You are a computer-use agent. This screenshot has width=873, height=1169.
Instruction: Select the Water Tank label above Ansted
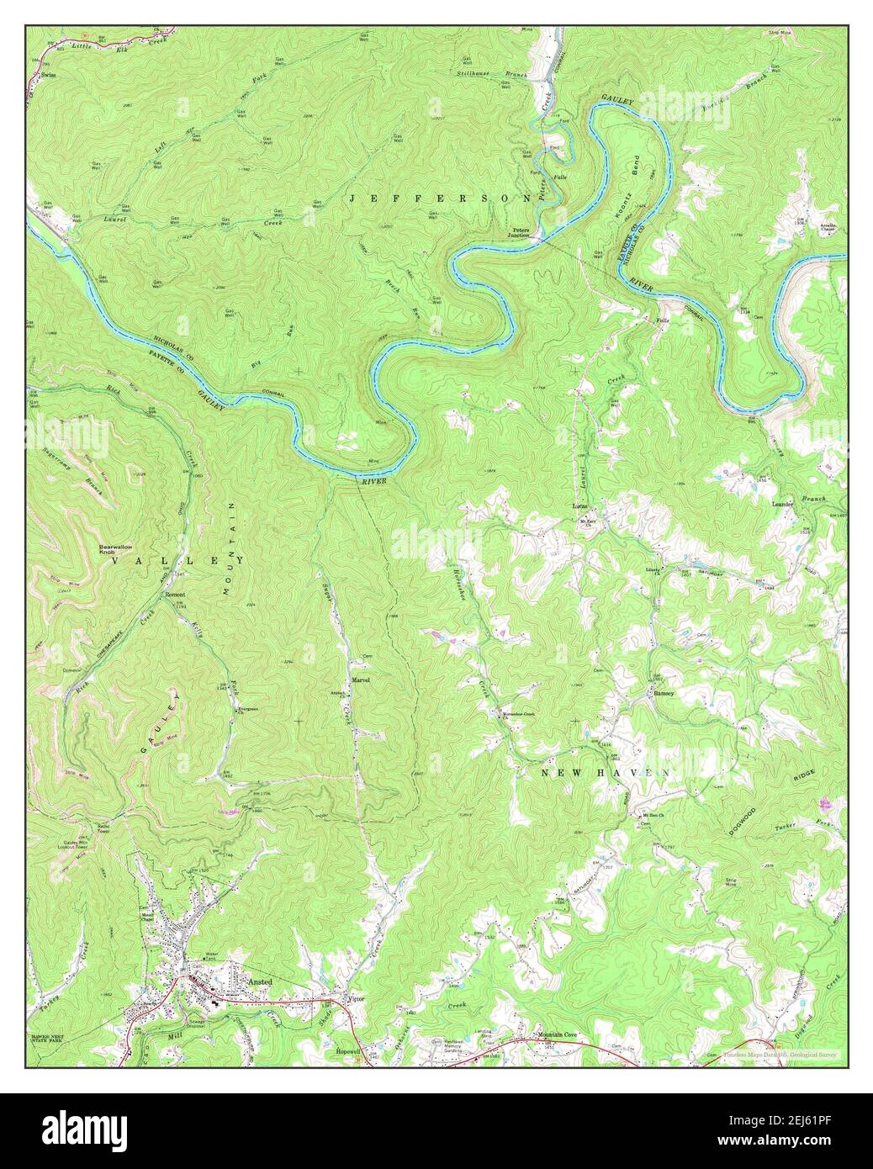pos(211,956)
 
